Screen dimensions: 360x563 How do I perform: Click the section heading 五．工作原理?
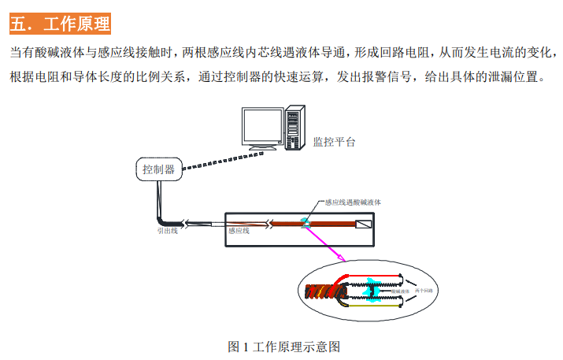coord(60,24)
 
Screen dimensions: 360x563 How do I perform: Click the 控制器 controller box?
coord(158,169)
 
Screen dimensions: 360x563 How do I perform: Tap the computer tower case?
coord(294,130)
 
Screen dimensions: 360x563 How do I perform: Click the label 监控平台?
coord(334,143)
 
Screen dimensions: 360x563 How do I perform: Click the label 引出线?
coord(166,232)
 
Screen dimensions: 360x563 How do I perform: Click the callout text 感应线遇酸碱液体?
coord(353,202)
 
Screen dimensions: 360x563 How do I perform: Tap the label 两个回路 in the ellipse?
coord(428,291)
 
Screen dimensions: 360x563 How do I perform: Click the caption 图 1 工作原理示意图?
coord(283,347)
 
